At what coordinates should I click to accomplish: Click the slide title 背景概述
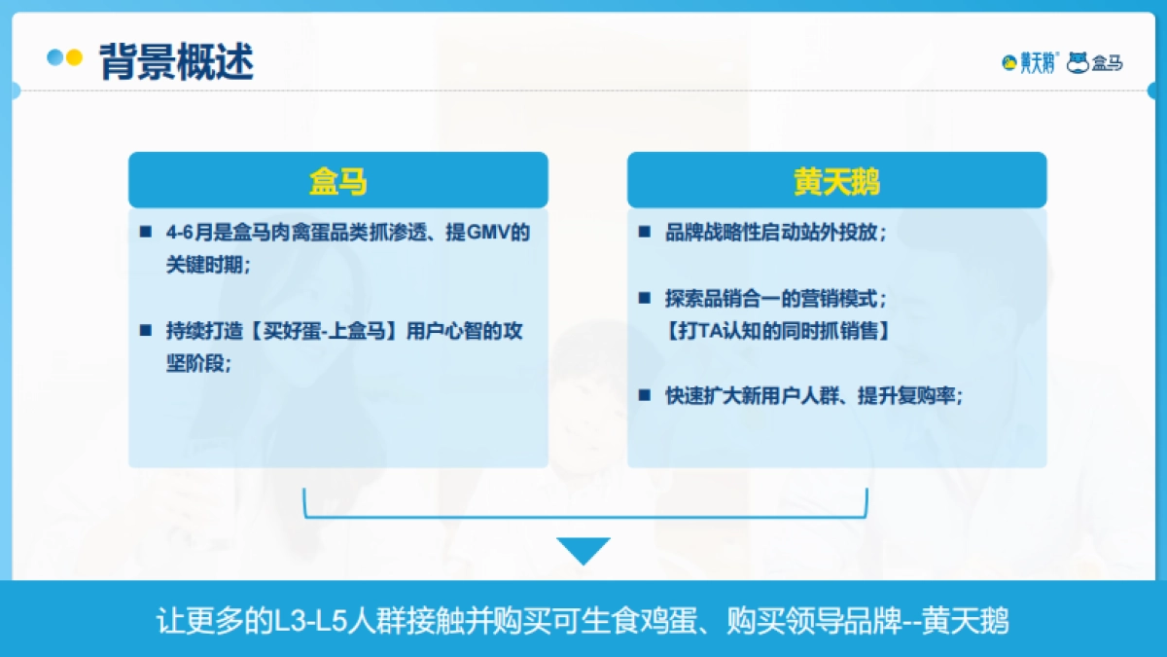(x=176, y=62)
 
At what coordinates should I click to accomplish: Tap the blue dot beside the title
(x=55, y=57)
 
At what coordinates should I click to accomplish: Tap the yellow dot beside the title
(x=74, y=57)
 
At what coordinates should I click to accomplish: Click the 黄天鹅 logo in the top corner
(x=1030, y=63)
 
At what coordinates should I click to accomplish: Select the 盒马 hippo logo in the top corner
(x=1095, y=63)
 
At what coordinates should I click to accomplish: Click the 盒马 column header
(x=337, y=181)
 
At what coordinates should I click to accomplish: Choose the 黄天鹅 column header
(x=836, y=181)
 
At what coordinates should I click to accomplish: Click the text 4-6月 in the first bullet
(x=185, y=234)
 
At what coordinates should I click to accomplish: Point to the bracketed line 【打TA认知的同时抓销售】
(x=778, y=330)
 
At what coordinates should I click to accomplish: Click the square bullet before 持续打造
(x=146, y=331)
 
